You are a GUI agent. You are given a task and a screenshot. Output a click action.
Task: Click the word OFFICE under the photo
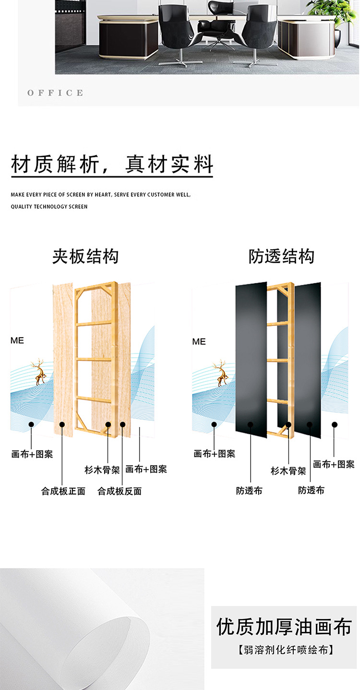pos(55,93)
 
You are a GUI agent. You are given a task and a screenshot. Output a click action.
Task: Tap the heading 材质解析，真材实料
pos(112,164)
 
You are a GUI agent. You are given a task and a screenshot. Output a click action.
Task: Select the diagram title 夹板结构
pos(85,256)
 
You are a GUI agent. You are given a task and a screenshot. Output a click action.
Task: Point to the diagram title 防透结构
pos(281,256)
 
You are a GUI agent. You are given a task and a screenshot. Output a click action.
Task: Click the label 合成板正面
pos(63,491)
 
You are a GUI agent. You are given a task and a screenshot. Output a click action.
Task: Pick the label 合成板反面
pos(120,491)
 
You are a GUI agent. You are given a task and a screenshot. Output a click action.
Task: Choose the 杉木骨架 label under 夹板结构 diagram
pos(102,470)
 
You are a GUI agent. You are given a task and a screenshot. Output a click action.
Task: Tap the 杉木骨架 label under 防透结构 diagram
pos(288,471)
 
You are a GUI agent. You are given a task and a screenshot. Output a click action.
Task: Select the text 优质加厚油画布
pos(284,627)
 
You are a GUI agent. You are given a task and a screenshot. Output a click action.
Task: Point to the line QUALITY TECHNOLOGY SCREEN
pos(49,206)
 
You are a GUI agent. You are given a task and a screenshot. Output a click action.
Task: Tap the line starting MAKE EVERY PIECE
pos(101,195)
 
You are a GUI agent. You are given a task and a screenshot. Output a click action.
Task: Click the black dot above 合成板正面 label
pos(62,424)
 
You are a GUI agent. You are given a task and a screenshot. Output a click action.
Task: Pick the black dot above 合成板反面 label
pos(123,424)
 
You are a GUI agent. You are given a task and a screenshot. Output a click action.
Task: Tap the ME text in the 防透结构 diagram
pos(199,341)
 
